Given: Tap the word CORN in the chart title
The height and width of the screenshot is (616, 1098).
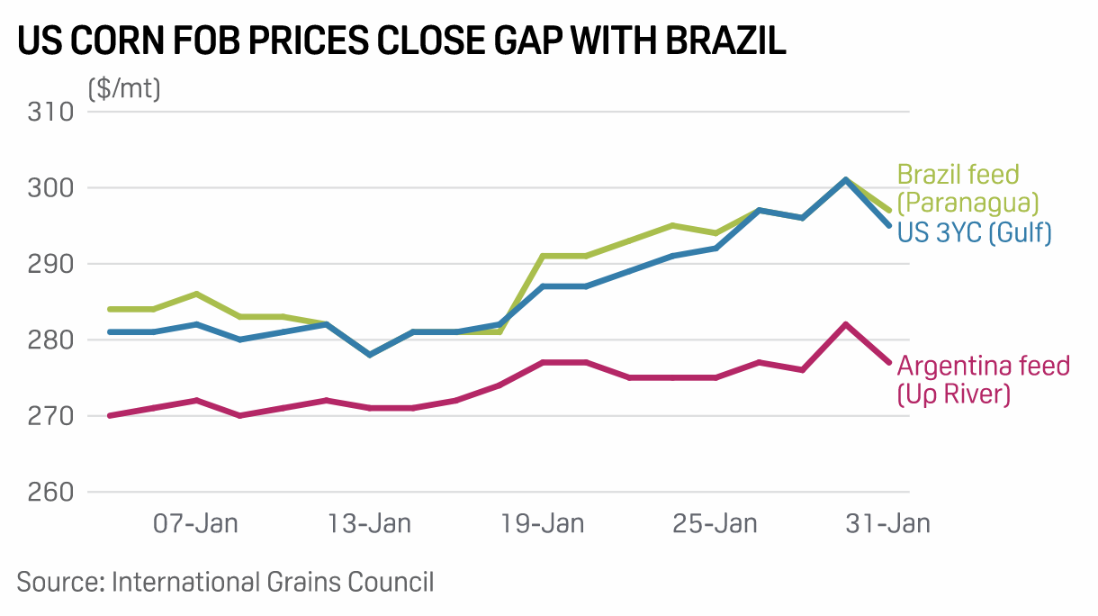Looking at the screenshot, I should tap(137, 42).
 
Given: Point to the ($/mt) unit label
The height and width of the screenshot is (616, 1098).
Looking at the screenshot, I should tap(124, 89).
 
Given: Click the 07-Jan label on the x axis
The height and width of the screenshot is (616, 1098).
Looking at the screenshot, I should tap(196, 523).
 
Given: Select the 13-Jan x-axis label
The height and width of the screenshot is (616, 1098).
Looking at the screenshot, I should tap(370, 523).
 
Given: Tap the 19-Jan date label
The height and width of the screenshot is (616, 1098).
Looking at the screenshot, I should tap(543, 523).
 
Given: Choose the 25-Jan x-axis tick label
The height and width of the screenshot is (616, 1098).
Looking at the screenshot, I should tap(715, 523).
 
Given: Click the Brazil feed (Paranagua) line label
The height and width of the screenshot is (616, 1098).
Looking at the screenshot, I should tap(968, 187).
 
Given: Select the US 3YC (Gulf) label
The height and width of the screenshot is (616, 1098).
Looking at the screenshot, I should tap(975, 232).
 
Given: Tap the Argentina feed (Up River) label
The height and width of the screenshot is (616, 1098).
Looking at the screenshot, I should tap(984, 379).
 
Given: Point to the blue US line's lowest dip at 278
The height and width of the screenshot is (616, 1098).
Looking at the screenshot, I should tap(370, 355).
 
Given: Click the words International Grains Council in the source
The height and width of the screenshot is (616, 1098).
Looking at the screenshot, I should tap(273, 582).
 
